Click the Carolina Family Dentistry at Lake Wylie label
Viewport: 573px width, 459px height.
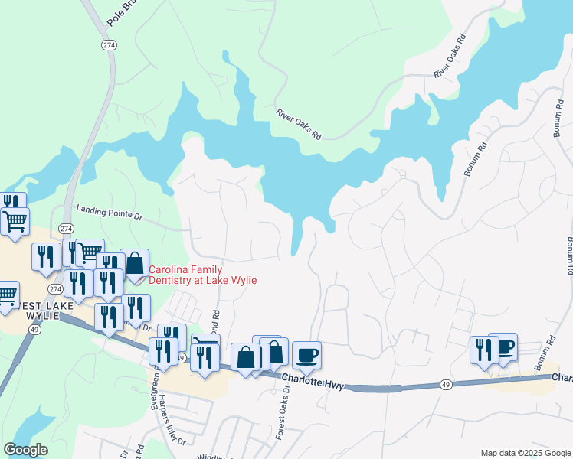(202, 275)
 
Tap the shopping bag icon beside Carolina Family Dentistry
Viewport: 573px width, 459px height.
(135, 263)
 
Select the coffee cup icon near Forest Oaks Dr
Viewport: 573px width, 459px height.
(306, 355)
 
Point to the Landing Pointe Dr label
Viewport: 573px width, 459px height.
(110, 213)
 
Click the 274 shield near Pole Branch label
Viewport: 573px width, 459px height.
(108, 45)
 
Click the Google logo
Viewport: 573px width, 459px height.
(25, 449)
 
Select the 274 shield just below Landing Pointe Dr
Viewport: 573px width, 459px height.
(66, 229)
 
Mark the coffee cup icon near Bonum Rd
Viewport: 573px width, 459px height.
(503, 347)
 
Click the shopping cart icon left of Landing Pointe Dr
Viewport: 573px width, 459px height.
(15, 222)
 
